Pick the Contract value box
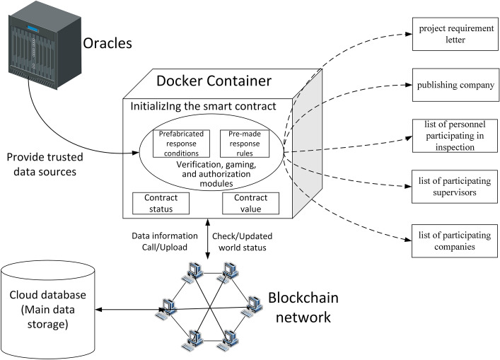pos(252,204)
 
